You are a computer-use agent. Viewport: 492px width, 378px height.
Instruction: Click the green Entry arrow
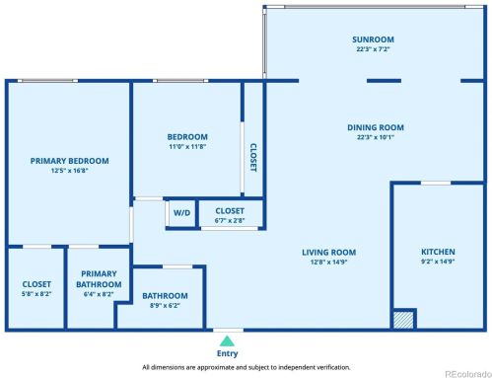coord(228,340)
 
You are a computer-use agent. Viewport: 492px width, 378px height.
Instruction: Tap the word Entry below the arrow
coord(228,353)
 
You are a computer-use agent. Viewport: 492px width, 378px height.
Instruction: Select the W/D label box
coord(182,212)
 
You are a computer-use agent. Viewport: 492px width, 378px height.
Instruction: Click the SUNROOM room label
coord(375,39)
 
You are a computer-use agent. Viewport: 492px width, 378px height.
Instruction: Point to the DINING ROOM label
coord(375,127)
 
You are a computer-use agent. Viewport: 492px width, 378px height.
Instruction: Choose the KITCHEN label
coord(438,252)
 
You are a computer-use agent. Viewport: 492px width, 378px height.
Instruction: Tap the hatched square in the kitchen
coord(403,319)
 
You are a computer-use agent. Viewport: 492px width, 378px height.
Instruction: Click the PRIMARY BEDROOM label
coord(69,160)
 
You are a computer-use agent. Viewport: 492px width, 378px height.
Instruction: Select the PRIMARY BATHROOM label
coord(98,279)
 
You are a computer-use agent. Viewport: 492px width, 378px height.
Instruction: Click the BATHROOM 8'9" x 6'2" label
coord(165,295)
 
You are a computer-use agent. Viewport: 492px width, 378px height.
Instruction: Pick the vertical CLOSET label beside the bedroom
coord(252,156)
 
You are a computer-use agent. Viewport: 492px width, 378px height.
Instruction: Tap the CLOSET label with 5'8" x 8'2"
coord(36,284)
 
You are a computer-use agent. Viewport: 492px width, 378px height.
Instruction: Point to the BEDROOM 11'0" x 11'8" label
coord(186,136)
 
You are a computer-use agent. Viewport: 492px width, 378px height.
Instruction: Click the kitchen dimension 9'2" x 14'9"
coord(438,263)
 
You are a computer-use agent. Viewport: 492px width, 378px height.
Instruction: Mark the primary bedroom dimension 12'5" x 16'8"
coord(69,170)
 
